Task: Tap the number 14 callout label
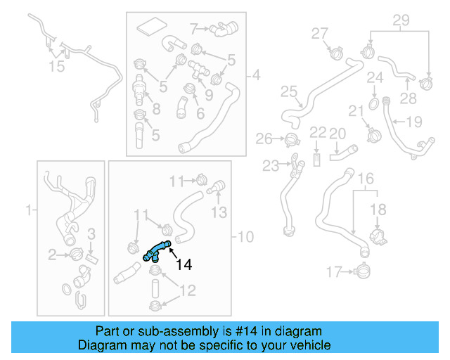pyautogui.click(x=183, y=265)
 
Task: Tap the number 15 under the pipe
pyautogui.click(x=56, y=66)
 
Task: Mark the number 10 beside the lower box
pyautogui.click(x=245, y=237)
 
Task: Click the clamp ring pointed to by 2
pyautogui.click(x=74, y=253)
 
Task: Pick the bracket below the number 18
pyautogui.click(x=377, y=237)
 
